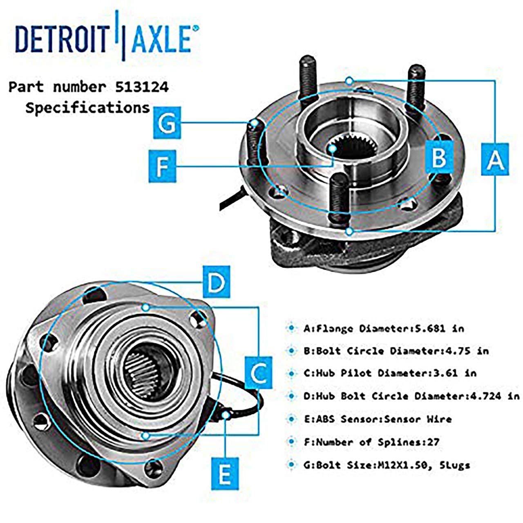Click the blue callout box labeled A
(495, 159)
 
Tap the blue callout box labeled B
(439, 156)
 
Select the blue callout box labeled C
(258, 372)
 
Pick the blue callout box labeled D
(216, 282)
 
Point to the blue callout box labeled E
(225, 474)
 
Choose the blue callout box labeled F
(162, 166)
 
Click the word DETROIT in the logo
(60, 39)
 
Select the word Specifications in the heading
(87, 108)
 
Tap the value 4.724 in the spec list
(486, 396)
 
